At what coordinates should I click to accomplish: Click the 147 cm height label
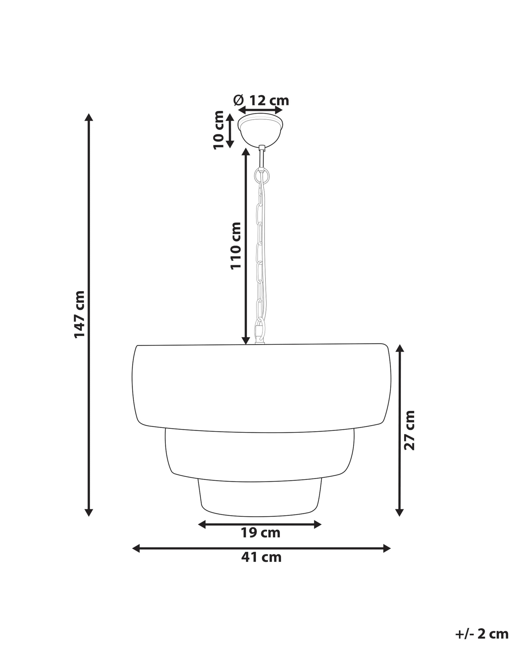pos(79,314)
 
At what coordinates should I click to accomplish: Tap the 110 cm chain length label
pos(236,246)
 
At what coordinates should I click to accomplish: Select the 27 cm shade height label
pos(409,430)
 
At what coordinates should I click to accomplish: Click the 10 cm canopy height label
pos(219,130)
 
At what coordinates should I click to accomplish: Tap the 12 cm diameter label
pos(269,100)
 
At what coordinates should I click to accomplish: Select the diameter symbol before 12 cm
pos(238,100)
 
